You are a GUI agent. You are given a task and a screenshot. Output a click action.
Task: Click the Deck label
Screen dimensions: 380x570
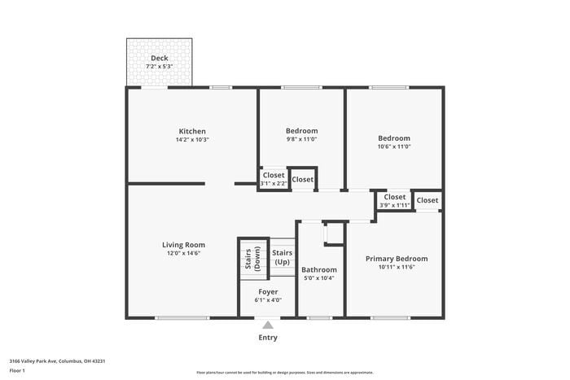point(160,59)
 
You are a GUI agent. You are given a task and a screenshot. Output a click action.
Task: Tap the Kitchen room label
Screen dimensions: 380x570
point(192,131)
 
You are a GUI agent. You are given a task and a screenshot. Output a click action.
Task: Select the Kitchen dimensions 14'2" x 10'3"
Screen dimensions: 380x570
point(192,140)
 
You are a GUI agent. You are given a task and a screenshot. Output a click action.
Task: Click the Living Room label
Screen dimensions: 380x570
point(183,244)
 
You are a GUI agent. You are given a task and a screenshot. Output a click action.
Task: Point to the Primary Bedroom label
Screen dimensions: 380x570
point(396,259)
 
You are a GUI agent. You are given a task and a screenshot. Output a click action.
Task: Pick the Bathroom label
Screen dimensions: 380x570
point(318,269)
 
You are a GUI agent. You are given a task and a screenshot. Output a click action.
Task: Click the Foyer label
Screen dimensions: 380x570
point(268,291)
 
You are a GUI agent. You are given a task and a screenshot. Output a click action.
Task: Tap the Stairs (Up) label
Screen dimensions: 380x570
point(283,257)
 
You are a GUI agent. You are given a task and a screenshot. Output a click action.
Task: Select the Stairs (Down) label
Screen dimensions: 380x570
point(252,258)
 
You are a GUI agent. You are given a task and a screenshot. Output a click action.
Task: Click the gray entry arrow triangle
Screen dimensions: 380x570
point(268,325)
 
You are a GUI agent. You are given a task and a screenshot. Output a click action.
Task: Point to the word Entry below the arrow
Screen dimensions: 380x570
point(268,338)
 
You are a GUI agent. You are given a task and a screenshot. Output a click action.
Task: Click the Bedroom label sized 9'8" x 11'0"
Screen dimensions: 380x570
point(301,130)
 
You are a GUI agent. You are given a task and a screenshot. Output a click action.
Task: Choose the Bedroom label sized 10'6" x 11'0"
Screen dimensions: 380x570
point(394,138)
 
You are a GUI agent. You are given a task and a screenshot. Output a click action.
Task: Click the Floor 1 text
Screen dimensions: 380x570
point(18,370)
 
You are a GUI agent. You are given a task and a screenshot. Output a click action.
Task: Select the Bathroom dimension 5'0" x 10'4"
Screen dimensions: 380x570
point(318,278)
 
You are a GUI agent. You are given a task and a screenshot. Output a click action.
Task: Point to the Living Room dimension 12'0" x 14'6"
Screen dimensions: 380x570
point(183,253)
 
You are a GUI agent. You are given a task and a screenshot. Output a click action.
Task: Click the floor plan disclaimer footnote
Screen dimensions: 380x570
point(284,371)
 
